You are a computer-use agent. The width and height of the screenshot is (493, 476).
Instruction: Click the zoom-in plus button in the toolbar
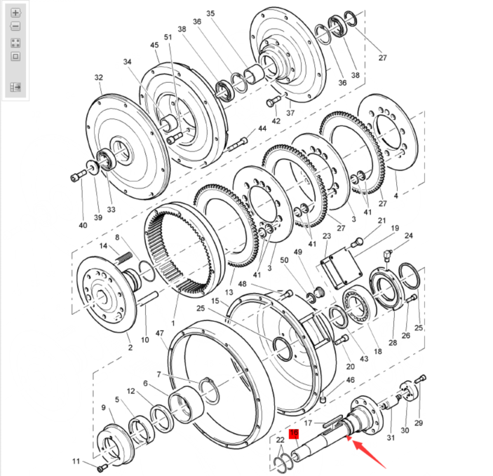[x=15, y=13]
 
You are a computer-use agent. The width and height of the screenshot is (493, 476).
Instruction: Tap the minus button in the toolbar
[x=15, y=27]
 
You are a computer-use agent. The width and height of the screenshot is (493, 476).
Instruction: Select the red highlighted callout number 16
[x=295, y=434]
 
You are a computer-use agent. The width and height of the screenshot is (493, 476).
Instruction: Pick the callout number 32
[x=98, y=78]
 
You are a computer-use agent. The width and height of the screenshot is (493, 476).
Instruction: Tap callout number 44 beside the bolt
[x=262, y=129]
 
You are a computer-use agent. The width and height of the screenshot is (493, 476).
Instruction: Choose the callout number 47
[x=160, y=335]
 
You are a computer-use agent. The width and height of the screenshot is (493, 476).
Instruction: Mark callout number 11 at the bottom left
[x=76, y=461]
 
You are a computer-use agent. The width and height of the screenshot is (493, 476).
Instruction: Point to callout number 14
[x=104, y=246]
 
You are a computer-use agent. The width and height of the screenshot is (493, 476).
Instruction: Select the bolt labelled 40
[x=76, y=177]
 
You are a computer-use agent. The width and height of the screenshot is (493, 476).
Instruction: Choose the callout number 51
[x=168, y=37]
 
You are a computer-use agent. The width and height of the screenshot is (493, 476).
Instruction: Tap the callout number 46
[x=351, y=379]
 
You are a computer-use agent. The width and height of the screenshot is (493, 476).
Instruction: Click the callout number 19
[x=394, y=229]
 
